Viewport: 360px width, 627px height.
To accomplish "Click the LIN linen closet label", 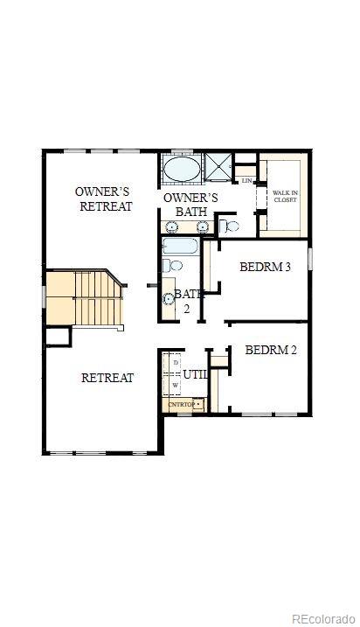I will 246,180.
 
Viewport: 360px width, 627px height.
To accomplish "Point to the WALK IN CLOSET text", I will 285,196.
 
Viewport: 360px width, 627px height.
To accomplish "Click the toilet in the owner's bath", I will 229,226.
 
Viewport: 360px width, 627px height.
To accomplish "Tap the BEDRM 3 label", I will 266,267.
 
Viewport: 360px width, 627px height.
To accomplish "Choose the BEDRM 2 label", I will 271,351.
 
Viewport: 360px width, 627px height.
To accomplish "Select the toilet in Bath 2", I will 173,265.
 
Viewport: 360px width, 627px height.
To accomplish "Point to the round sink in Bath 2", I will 170,299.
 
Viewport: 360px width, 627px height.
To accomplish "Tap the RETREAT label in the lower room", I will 107,378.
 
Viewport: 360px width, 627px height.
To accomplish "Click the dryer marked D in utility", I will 176,362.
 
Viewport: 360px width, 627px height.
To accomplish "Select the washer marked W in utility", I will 176,385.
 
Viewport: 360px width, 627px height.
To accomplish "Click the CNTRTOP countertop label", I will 181,405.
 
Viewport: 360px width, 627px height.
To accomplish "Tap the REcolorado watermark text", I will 322,617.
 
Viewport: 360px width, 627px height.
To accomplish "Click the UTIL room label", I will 195,375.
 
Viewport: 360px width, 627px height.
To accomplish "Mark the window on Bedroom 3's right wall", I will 310,259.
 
